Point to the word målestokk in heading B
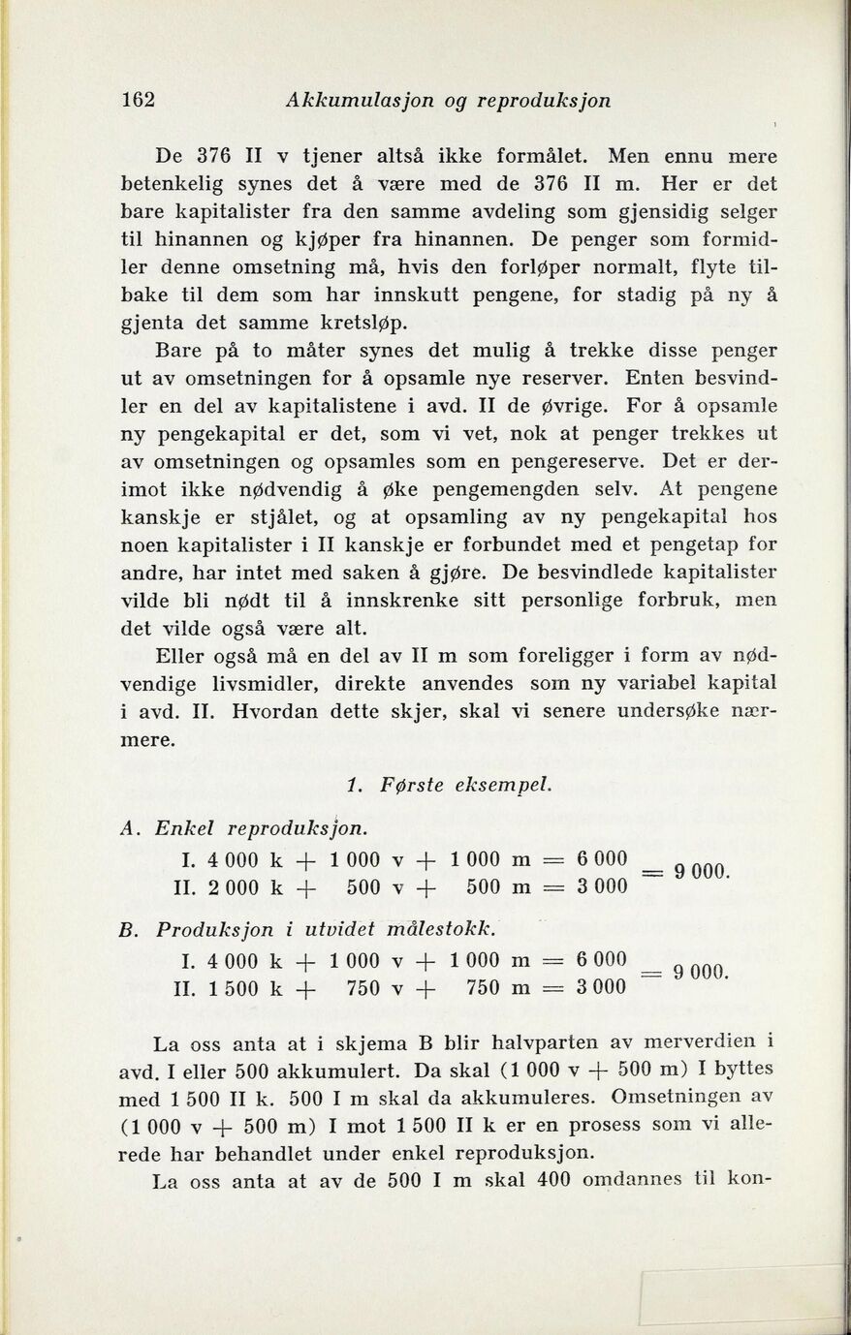point(442,932)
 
